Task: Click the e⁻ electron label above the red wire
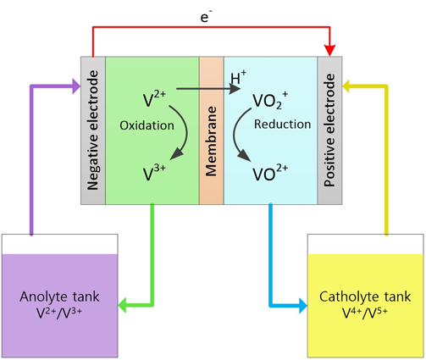click(207, 17)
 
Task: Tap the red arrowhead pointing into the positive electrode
click(329, 50)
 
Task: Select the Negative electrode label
click(93, 130)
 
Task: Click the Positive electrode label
click(329, 130)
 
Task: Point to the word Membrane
click(211, 141)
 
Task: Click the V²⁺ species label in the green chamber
click(154, 98)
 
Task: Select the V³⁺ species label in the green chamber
click(154, 173)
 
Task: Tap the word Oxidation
click(147, 125)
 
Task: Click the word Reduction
click(283, 125)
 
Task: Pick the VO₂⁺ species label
click(270, 100)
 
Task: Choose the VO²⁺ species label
click(270, 172)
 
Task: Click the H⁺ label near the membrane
click(239, 77)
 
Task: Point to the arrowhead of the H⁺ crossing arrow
click(235, 89)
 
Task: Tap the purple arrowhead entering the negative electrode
click(76, 86)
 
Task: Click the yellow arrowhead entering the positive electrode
click(346, 86)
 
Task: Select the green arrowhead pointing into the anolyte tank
click(122, 305)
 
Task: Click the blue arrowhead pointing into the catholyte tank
click(303, 306)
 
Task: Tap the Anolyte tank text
click(59, 296)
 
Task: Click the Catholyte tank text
click(365, 296)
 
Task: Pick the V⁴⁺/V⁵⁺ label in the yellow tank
click(365, 313)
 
